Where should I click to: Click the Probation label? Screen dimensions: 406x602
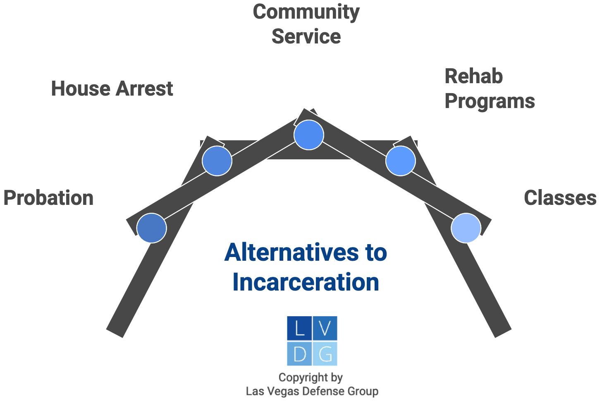48,198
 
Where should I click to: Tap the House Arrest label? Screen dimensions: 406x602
112,89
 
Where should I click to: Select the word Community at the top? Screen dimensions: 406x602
306,12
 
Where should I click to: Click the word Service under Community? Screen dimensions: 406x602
306,36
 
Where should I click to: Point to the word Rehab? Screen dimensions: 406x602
473,77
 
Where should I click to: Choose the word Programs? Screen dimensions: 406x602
490,101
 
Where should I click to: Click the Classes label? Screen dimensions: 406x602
560,198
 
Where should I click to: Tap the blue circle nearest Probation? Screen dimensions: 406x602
152,228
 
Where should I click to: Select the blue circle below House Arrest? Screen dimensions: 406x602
217,161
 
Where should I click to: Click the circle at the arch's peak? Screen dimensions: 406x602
308,135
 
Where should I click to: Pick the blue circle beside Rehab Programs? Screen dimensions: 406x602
400,161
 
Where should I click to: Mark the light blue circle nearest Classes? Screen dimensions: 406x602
466,228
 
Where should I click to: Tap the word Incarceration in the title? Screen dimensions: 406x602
306,282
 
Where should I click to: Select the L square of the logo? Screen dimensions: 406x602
299,329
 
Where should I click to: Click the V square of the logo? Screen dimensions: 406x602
325,329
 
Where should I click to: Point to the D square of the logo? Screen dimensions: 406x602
299,354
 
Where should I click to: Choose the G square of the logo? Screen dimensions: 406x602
325,354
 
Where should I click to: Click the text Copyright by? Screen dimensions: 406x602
311,377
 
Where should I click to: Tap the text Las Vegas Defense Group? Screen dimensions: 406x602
312,391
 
